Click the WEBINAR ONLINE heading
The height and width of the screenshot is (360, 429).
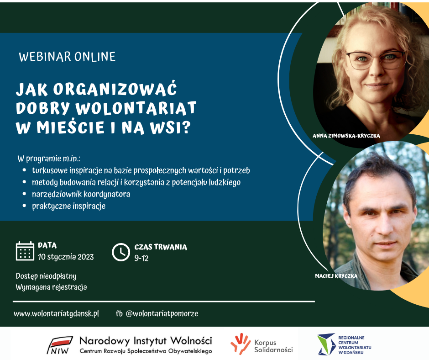67,57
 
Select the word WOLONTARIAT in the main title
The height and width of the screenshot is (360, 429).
136,108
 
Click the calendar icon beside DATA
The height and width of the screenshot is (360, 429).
25,251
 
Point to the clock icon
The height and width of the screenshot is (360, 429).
121,252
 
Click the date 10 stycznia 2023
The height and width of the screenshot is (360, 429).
66,257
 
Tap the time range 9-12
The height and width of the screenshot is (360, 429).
141,258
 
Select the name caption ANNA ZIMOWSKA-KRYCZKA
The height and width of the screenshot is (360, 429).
346,136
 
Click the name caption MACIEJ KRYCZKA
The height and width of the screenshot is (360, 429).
336,276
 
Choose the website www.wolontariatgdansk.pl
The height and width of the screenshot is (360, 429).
56,314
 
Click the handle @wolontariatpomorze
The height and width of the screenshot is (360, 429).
162,314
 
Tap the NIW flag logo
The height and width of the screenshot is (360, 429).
60,345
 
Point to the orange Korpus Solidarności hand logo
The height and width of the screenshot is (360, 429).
241,344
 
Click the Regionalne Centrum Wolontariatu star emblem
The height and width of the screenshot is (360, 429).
326,344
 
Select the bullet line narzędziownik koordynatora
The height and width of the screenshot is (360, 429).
81,194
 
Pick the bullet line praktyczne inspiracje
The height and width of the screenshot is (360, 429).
68,206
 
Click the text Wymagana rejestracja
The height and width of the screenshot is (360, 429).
51,287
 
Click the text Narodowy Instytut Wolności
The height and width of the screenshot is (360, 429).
146,341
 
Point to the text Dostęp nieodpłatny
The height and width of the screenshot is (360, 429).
46,276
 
